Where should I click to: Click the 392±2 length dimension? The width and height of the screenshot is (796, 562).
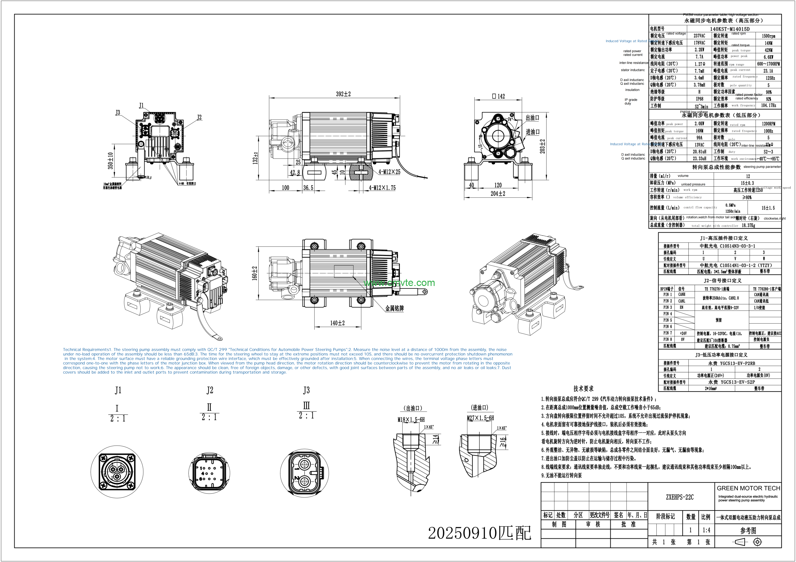tap(343, 94)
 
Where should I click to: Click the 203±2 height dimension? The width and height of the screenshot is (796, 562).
tap(542, 146)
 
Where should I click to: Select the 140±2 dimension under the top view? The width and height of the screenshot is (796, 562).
tap(337, 323)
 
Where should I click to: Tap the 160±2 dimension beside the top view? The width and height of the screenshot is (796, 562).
tap(255, 273)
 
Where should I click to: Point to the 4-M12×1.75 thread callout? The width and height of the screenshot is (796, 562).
tap(382, 188)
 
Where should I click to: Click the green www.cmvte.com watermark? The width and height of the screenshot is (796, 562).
tap(399, 283)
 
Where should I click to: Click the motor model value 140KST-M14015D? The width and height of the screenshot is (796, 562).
tap(729, 29)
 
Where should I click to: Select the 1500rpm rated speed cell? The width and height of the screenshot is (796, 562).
tap(768, 36)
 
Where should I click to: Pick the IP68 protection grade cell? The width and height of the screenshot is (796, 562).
tap(699, 99)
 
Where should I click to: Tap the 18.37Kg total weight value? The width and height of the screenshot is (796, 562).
tap(748, 225)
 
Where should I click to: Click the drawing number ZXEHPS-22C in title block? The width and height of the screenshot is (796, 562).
tap(679, 497)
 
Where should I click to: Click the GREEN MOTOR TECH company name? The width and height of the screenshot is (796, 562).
tap(748, 488)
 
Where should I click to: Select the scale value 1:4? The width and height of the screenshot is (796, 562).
tap(706, 530)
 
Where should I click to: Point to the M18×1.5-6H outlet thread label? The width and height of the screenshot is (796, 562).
tap(411, 419)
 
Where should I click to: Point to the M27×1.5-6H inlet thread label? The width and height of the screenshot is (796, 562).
tap(480, 418)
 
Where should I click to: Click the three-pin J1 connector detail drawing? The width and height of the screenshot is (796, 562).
tap(117, 472)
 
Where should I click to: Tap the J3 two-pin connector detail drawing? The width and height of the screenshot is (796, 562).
tap(304, 473)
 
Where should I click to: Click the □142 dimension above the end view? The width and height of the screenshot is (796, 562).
tap(498, 96)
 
